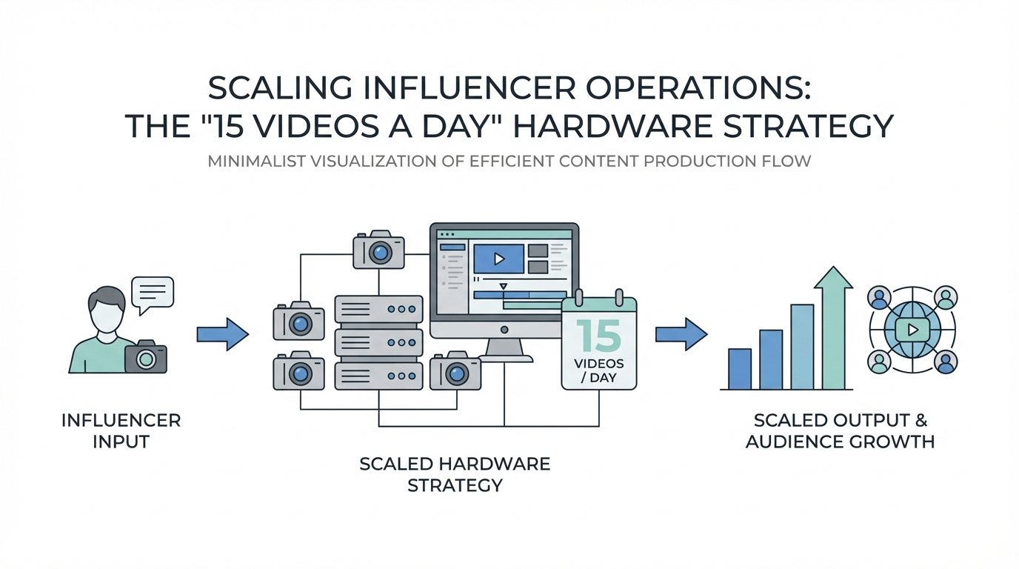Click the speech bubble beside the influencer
tap(152, 292)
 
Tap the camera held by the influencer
tap(145, 358)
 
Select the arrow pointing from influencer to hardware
tap(222, 334)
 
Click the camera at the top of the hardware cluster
tap(378, 250)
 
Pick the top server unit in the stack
tap(378, 309)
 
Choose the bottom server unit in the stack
tap(378, 376)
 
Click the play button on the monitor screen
tap(498, 259)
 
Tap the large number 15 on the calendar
tap(598, 336)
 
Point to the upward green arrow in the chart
tap(832, 326)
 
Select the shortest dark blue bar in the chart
tap(740, 368)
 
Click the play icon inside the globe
tap(912, 330)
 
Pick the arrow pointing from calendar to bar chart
tap(681, 334)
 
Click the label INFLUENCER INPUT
tap(121, 430)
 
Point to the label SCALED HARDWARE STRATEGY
tap(455, 474)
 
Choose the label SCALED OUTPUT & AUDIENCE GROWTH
tap(840, 430)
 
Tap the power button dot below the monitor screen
tap(504, 330)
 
